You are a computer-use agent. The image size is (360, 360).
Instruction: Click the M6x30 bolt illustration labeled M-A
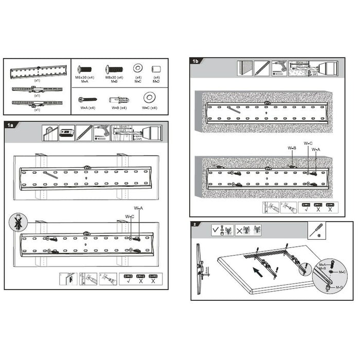click(x=85, y=69)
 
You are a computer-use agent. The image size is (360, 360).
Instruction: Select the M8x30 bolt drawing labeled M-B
click(x=113, y=69)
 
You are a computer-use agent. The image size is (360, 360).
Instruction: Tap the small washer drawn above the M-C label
click(x=138, y=69)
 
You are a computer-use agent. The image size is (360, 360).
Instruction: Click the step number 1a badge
click(x=12, y=125)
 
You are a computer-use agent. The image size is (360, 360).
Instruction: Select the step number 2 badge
click(x=194, y=225)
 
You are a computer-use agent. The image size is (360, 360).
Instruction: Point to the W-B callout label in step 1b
click(x=292, y=149)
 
